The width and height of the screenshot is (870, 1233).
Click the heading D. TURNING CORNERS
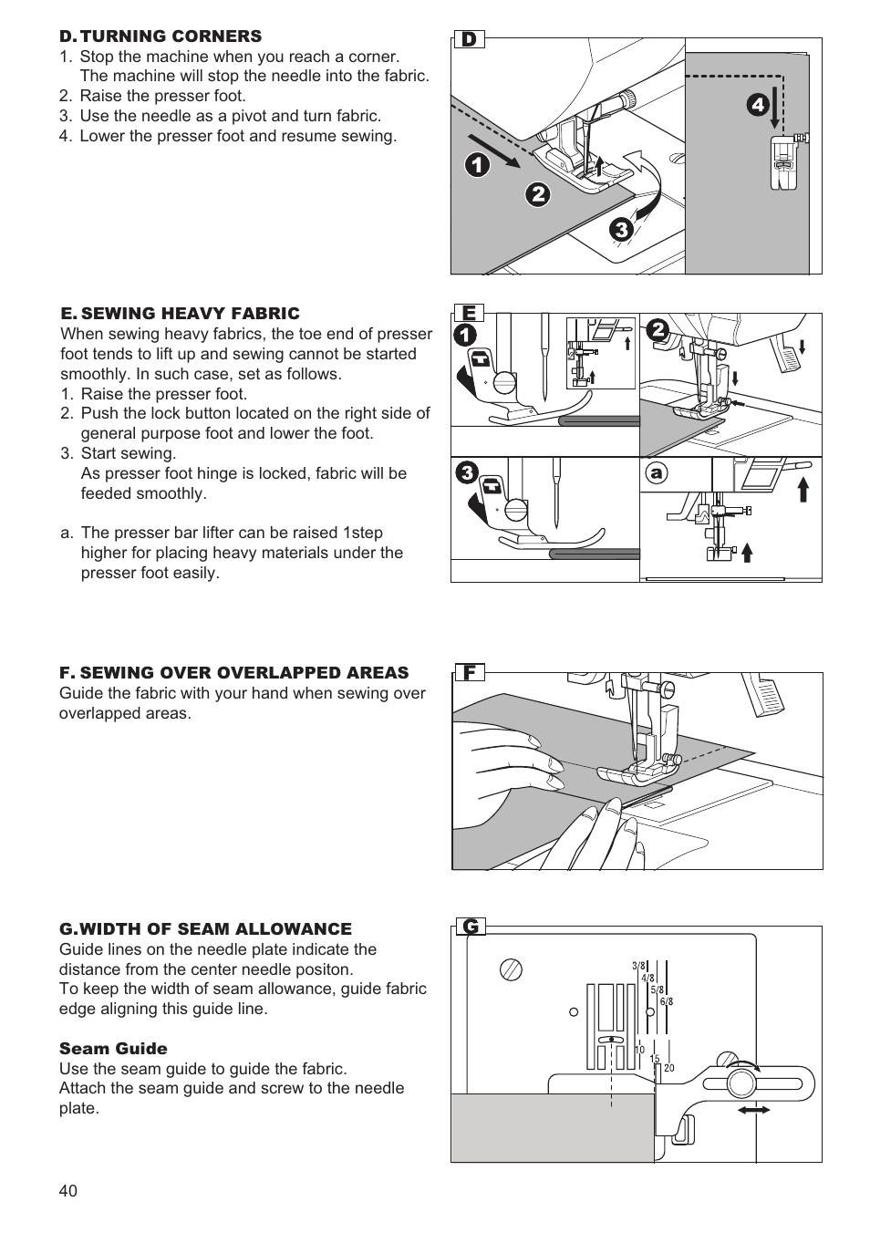coord(161,36)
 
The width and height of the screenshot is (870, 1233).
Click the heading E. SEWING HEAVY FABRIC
coord(180,314)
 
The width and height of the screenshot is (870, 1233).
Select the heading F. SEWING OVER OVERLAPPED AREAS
coord(233,673)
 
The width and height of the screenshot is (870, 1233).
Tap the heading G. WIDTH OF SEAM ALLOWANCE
coord(205,929)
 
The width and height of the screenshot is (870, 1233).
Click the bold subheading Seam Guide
coord(113,1049)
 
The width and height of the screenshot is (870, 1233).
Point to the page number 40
coord(68,1191)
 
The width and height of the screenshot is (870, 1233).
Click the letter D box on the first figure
coord(470,39)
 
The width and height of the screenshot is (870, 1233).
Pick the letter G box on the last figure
coord(471,927)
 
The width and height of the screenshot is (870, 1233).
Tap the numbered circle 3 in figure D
coord(622,230)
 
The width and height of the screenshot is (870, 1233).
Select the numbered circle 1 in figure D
coord(476,165)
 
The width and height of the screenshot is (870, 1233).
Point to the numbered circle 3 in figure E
coord(466,472)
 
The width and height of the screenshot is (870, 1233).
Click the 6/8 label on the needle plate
coord(668,1001)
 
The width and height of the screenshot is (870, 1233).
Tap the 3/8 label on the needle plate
coord(638,966)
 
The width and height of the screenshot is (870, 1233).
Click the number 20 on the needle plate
coord(669,1068)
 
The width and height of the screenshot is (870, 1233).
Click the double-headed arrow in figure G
coord(753,1110)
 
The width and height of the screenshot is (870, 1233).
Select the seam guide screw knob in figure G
coord(740,1083)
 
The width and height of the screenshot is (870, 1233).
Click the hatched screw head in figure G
coord(512,969)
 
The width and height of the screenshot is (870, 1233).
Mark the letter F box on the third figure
coord(470,673)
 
